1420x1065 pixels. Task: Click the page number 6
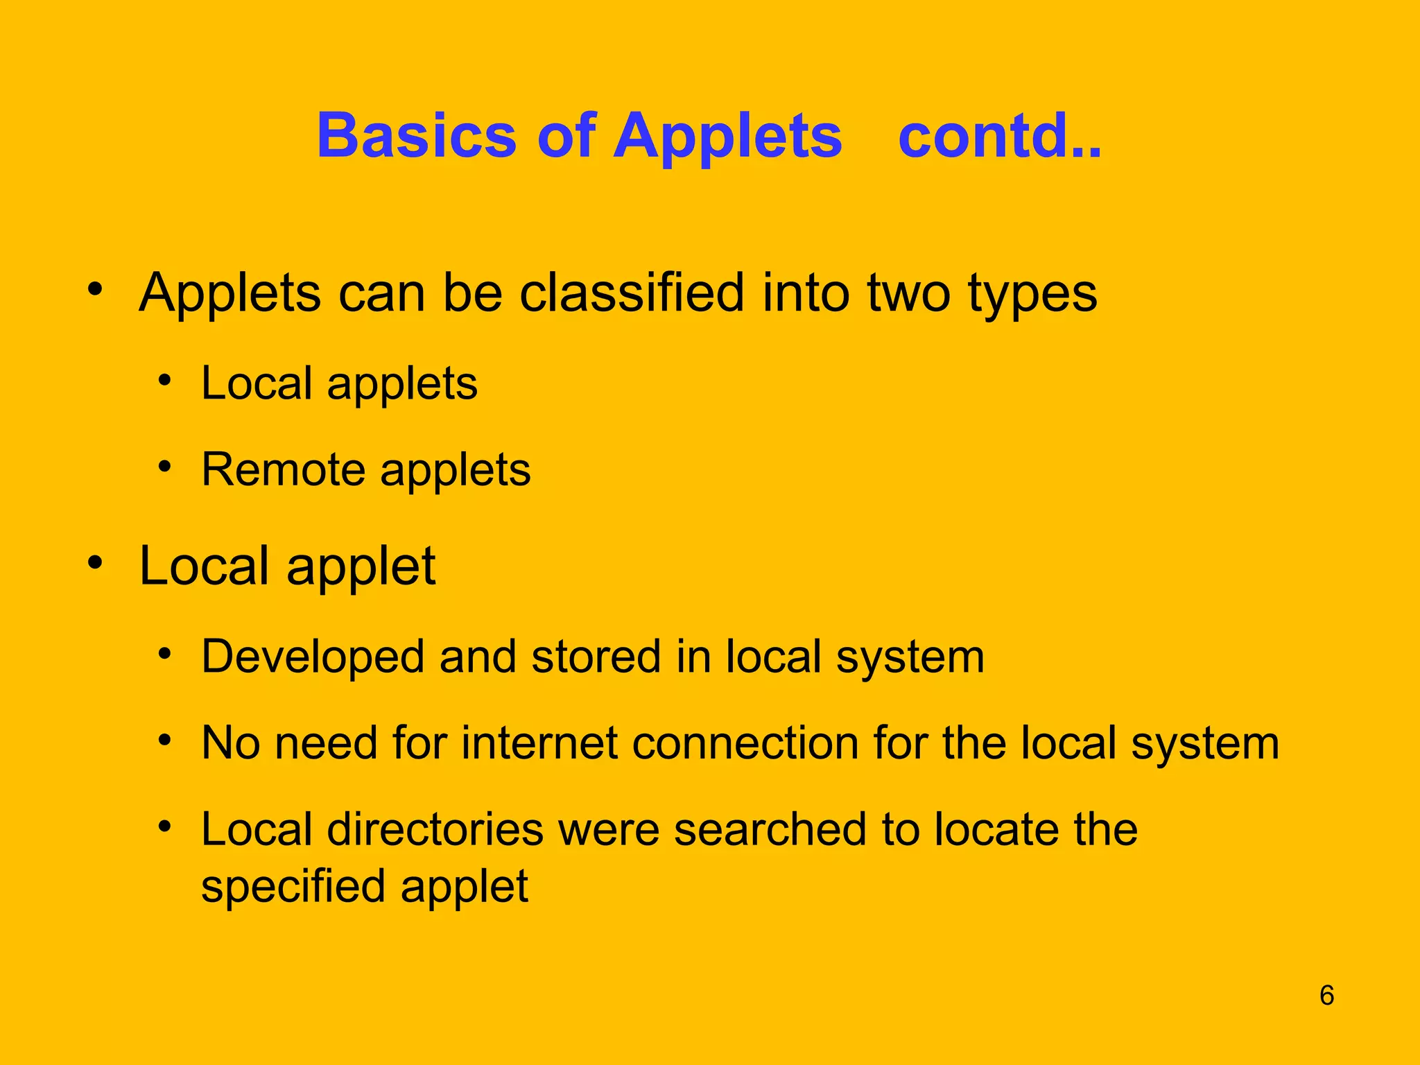pyautogui.click(x=1326, y=995)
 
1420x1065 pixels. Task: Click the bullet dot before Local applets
pyautogui.click(x=164, y=379)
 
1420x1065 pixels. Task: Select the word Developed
pyautogui.click(x=312, y=657)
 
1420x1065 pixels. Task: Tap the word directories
pyautogui.click(x=435, y=829)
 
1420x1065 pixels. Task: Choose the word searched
pyautogui.click(x=770, y=829)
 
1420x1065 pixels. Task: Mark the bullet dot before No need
pyautogui.click(x=164, y=739)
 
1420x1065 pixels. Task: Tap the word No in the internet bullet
pyautogui.click(x=231, y=743)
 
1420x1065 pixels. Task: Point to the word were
pyautogui.click(x=608, y=829)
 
